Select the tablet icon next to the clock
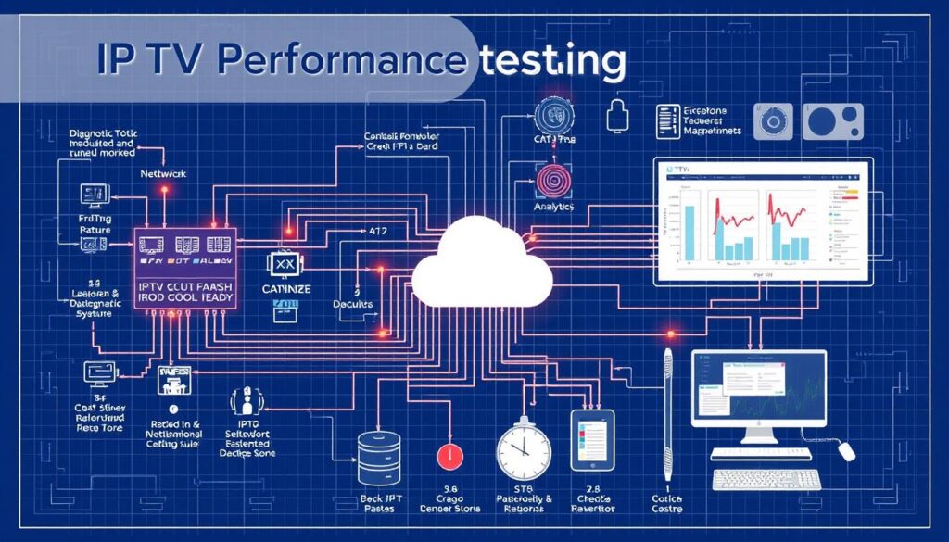pyautogui.click(x=593, y=440)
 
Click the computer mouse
pyautogui.click(x=847, y=451)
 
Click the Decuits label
pyautogui.click(x=352, y=305)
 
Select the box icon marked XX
pyautogui.click(x=285, y=265)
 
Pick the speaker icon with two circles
pyautogui.click(x=832, y=121)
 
